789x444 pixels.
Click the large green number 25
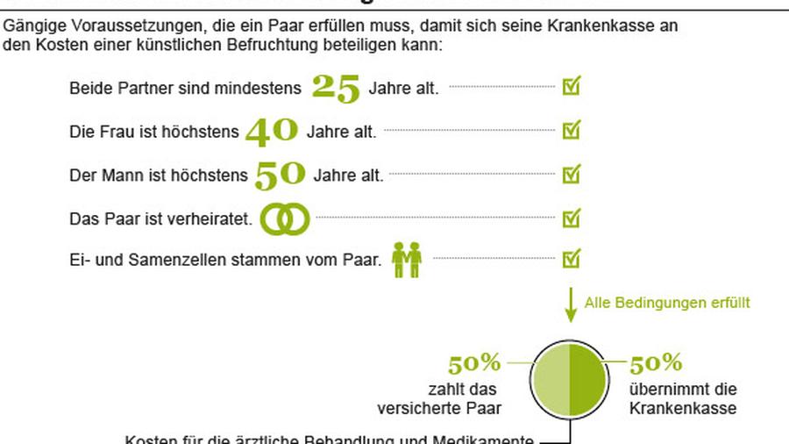336,87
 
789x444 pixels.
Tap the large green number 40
272,131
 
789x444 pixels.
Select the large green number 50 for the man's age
280,174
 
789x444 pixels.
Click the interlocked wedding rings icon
286,218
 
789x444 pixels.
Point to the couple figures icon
407,260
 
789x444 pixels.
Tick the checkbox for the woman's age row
572,130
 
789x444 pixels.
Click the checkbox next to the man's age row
572,173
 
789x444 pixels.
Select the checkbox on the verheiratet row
572,216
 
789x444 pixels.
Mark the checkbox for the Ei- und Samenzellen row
572,259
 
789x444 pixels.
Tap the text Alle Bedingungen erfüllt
667,303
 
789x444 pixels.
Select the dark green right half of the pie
588,378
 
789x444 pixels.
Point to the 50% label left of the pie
474,363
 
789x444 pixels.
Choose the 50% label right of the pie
656,363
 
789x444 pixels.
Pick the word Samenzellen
167,261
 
